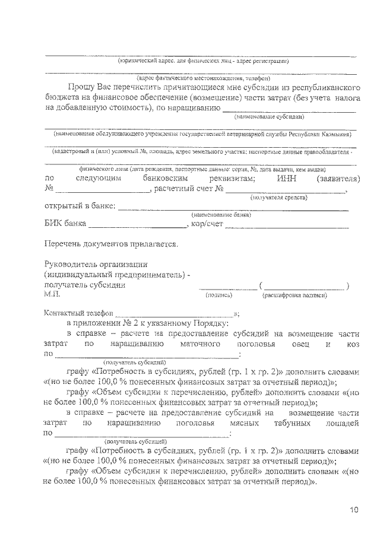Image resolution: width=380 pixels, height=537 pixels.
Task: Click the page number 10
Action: (x=354, y=509)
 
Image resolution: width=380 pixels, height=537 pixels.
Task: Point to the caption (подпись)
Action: (x=218, y=294)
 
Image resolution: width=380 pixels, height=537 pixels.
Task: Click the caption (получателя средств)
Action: (x=278, y=196)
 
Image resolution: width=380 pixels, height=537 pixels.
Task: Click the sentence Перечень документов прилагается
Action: (x=110, y=244)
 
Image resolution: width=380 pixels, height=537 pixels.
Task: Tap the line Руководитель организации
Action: (x=96, y=264)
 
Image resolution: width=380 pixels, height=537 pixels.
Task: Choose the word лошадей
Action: (x=343, y=422)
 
